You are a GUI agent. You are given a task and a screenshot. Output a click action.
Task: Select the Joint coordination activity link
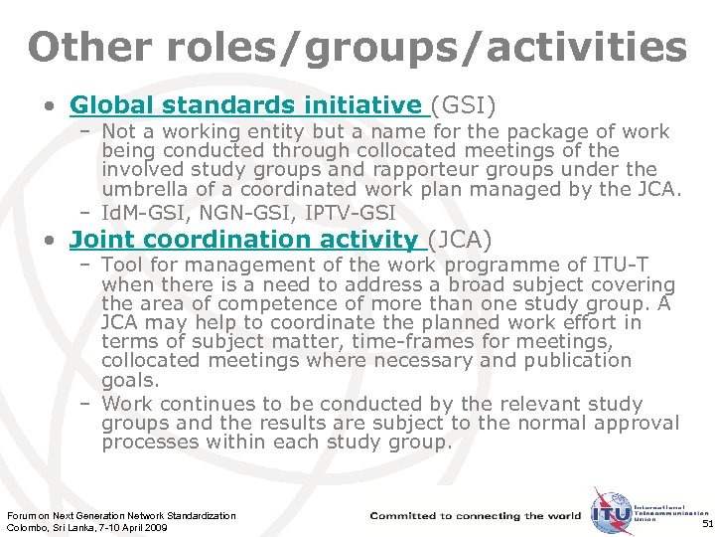pos(244,239)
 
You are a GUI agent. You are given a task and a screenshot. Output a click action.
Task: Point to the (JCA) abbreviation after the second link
pos(459,239)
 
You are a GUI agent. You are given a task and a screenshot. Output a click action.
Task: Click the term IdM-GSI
pos(146,212)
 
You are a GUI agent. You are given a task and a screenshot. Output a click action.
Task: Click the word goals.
pos(129,379)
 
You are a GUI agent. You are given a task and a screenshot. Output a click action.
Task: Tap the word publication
pos(574,360)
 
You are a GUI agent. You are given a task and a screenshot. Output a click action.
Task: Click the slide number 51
pos(706,523)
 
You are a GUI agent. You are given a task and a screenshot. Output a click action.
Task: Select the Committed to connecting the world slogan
pos(475,515)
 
